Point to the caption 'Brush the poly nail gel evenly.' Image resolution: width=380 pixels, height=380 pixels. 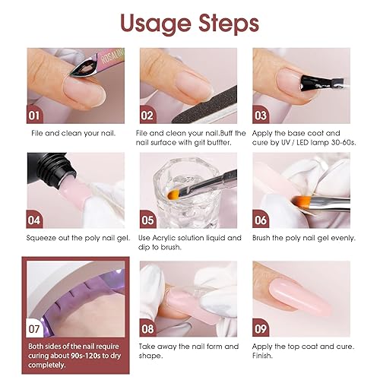pos(302,238)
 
